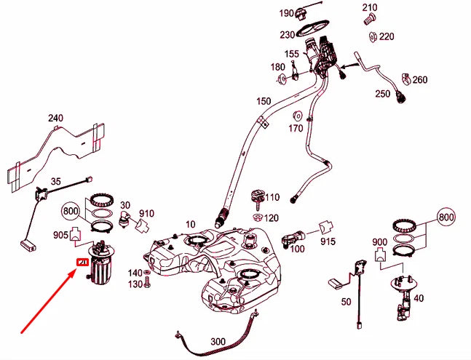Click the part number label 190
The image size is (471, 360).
286,13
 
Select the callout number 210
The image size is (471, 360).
370,8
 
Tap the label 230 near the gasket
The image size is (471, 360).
286,34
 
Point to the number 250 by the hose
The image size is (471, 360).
383,94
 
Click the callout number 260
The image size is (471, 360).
420,80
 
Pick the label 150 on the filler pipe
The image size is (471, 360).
263,100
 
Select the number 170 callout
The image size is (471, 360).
295,129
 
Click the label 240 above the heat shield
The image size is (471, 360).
56,117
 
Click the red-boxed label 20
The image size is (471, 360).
82,263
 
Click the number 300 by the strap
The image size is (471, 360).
217,340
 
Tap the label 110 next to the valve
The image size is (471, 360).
272,197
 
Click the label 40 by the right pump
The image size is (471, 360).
418,297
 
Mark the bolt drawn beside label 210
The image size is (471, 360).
368,21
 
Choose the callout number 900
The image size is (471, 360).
379,241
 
